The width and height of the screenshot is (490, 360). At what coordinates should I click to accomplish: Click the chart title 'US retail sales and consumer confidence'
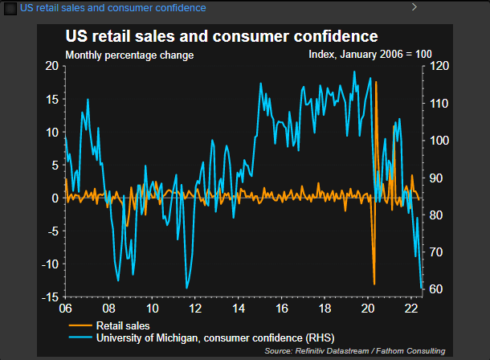[x=222, y=37]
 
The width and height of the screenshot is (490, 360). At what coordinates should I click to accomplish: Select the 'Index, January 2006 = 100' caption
[x=370, y=55]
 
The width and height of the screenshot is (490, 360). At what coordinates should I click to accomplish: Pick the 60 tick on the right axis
[x=435, y=290]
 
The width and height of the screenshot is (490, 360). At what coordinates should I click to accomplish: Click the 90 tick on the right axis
[x=435, y=178]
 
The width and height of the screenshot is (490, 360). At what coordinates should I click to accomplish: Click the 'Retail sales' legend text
[x=122, y=325]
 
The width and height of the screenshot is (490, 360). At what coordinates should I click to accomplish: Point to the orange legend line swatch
[x=80, y=325]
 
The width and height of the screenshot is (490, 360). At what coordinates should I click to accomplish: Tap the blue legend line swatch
[x=80, y=337]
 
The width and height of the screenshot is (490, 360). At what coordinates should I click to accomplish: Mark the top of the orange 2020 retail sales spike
[x=376, y=82]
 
